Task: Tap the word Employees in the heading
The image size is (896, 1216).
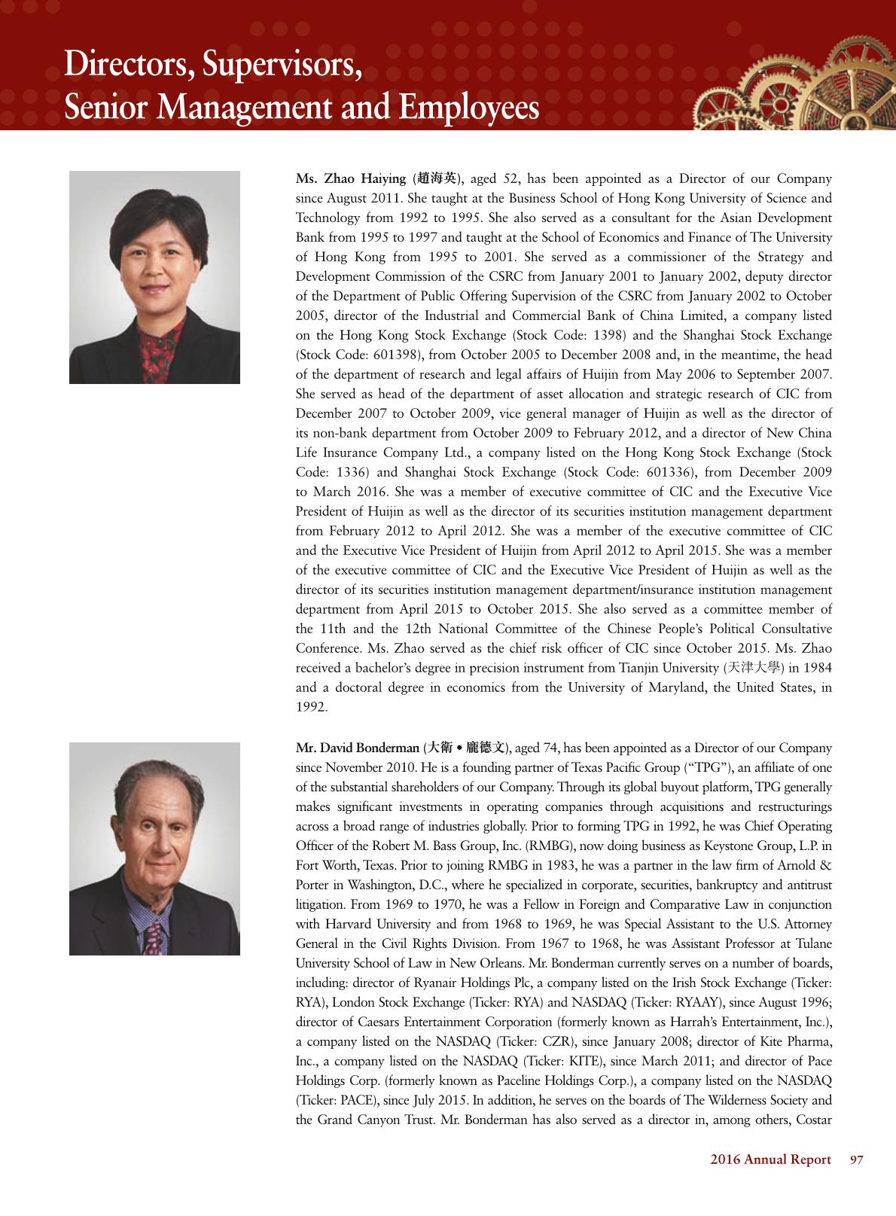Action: coord(469,108)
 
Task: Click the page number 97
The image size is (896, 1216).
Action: coord(856,1160)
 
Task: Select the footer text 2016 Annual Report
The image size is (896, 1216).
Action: coord(770,1160)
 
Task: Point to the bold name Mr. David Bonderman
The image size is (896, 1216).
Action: coord(357,748)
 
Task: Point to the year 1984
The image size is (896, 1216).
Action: coord(816,669)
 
